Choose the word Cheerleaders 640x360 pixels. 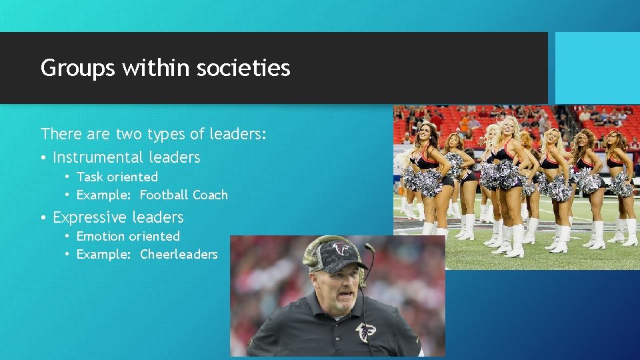[x=179, y=255]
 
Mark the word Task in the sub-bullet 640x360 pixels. [x=89, y=177]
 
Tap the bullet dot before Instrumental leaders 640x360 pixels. [x=43, y=158]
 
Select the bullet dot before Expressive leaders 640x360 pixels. [x=43, y=218]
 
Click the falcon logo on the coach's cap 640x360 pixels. [x=341, y=250]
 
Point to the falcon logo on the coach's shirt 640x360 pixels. [x=365, y=331]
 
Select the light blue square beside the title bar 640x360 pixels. [x=597, y=68]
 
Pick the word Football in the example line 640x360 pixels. [x=163, y=195]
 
